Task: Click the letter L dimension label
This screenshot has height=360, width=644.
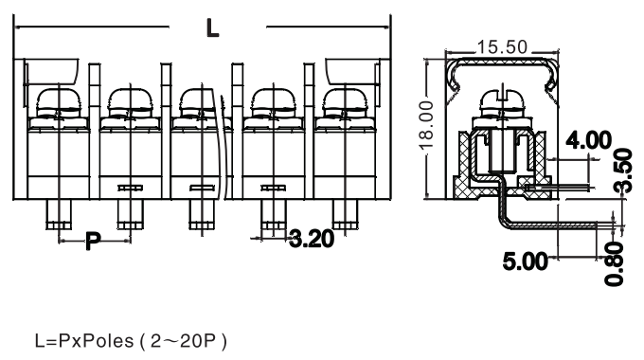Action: (x=212, y=28)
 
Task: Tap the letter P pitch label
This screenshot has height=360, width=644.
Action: (x=93, y=241)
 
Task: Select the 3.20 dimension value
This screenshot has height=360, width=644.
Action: (x=312, y=239)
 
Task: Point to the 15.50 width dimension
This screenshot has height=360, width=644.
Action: (x=502, y=46)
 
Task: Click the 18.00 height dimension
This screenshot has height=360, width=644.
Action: (x=427, y=125)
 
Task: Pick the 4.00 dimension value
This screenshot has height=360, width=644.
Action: (x=588, y=140)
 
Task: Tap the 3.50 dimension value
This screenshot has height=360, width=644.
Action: (x=623, y=171)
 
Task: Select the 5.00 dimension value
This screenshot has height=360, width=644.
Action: (x=526, y=261)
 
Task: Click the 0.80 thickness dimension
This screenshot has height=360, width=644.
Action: (x=615, y=263)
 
